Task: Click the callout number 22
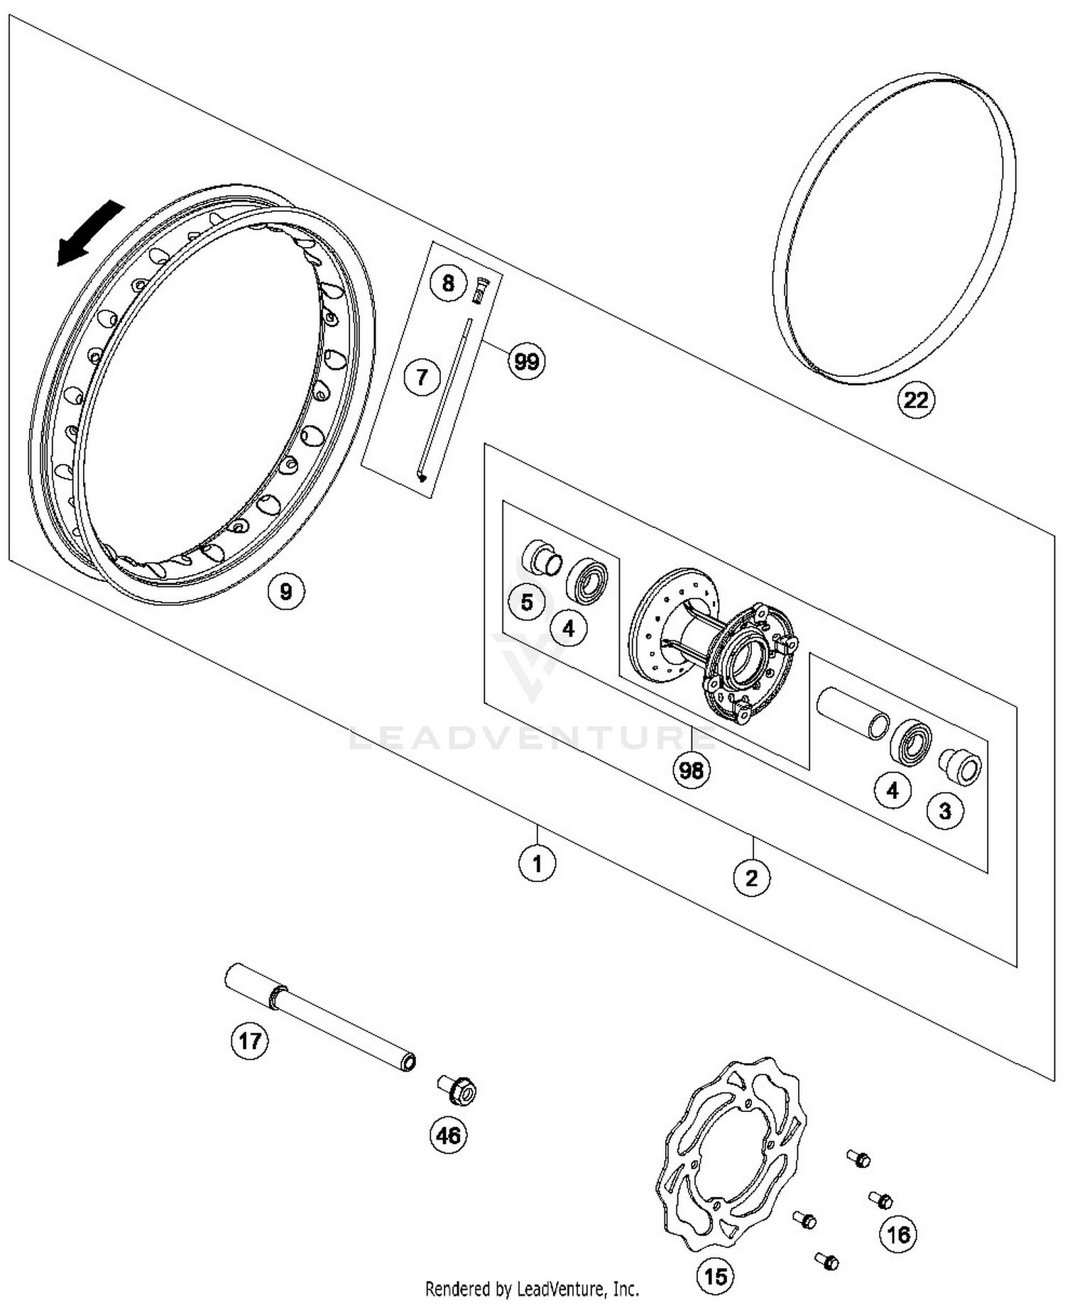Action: click(915, 400)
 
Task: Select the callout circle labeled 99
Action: click(526, 362)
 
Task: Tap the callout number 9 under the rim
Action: click(285, 590)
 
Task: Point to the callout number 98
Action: click(691, 770)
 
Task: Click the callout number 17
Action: click(249, 1041)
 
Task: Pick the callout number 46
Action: click(448, 1135)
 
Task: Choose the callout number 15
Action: click(715, 1277)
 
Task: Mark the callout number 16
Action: click(897, 1235)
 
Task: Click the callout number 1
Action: click(537, 864)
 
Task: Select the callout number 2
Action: click(751, 879)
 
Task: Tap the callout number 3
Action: click(945, 810)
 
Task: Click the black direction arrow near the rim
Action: click(89, 233)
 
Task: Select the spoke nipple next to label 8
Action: click(481, 289)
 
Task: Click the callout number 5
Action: click(526, 602)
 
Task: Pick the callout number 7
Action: click(422, 376)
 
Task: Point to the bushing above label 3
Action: click(961, 766)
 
